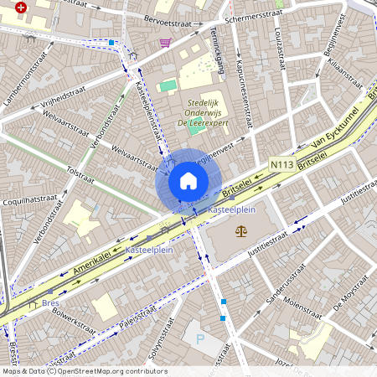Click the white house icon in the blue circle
click(x=188, y=181)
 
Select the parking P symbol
click(x=199, y=339)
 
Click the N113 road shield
click(x=283, y=165)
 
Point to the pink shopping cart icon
click(x=165, y=43)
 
